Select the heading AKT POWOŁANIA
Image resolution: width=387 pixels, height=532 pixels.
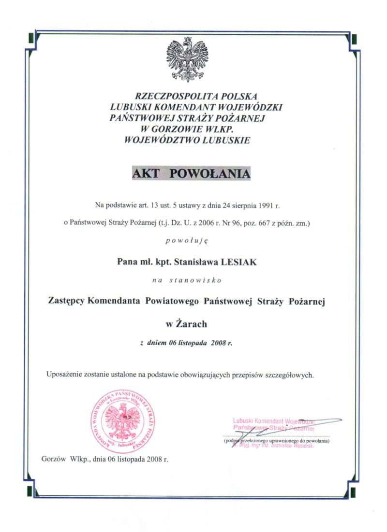tap(192, 174)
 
